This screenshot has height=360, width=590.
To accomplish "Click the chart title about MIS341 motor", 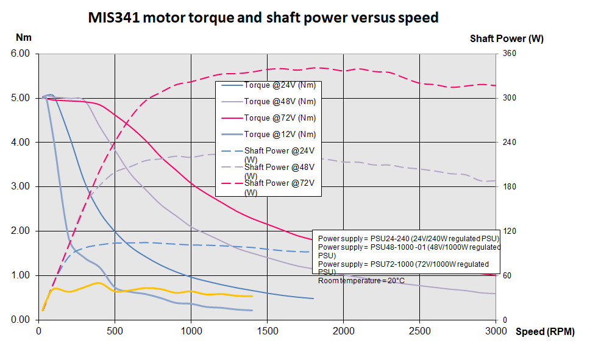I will click(x=263, y=18).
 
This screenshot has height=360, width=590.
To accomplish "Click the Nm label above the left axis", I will click(x=23, y=38).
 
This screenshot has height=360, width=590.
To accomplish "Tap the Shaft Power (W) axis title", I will click(x=506, y=38).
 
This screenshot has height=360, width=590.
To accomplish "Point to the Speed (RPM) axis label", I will click(x=544, y=332).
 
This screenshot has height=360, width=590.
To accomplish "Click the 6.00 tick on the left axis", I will click(x=21, y=54).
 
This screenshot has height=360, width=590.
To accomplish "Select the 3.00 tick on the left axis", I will click(x=21, y=186).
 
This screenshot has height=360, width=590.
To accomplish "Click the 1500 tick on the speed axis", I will click(x=267, y=331).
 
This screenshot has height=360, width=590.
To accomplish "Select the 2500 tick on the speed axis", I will click(x=419, y=331).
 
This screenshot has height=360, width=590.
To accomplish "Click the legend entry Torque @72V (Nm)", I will click(x=280, y=118).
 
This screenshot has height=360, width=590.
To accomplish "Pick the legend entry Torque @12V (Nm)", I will click(x=280, y=135).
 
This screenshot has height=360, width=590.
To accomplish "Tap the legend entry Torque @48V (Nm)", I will click(x=280, y=102).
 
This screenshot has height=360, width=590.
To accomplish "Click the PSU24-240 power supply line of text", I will click(x=408, y=238).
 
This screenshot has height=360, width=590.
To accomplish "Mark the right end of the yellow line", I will click(x=252, y=296).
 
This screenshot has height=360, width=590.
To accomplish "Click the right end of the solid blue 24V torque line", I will click(x=313, y=298).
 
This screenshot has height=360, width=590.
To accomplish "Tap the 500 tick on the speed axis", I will click(x=115, y=331).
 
